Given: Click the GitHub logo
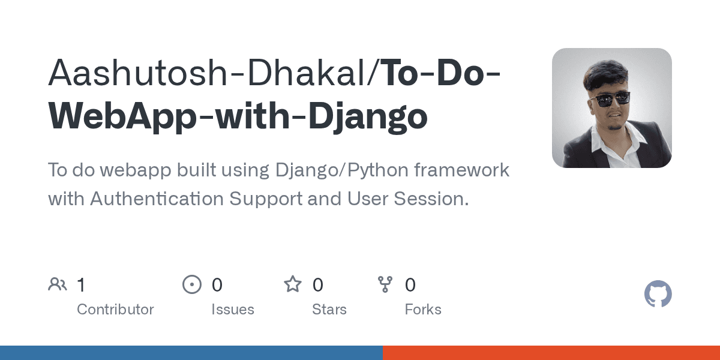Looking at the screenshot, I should pos(658,295).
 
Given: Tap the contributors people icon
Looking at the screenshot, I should pos(58,284).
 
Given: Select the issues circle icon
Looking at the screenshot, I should pos(191,284).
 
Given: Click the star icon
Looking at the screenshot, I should pos(293,284).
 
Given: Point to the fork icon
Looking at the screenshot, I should pos(385,284).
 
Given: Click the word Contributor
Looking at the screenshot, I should pos(115,310).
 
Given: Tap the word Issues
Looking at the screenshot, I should pos(232,310).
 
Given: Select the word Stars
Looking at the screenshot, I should pos(329,310).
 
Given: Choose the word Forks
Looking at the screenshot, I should pos(423,310).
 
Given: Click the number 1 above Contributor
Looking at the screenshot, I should pos(81,284).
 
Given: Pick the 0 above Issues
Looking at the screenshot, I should pos(217,284).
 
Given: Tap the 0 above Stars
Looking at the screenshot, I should pos(318,284).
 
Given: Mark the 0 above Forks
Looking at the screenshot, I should pos(410,284).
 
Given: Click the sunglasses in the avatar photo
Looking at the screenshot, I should pos(610,100).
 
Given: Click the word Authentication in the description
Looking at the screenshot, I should pos(157,199).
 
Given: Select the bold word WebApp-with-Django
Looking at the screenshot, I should pos(238,116).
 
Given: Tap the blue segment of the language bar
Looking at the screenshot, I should pos(191,353).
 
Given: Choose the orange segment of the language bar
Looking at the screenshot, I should pos(551,353).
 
